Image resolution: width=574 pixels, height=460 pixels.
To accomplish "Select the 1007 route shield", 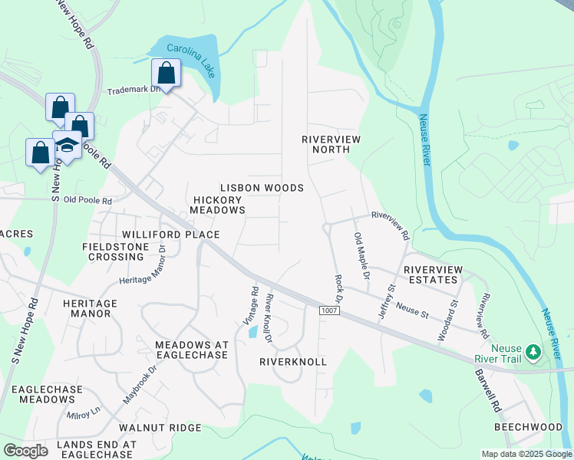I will click(x=328, y=309).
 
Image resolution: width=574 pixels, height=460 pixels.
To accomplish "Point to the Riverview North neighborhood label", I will click(x=331, y=144).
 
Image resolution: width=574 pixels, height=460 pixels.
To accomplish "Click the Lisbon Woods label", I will click(x=262, y=188).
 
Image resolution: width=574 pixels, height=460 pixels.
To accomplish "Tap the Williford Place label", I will click(x=170, y=235).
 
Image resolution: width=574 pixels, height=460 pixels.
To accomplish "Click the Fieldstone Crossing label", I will click(x=114, y=251).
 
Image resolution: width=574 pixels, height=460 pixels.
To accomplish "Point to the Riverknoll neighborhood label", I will click(x=293, y=361).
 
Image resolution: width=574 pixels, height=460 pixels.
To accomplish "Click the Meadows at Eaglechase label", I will click(x=192, y=350).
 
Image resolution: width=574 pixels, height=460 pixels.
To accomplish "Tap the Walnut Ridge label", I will click(x=160, y=427).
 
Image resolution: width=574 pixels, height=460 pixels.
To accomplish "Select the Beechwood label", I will click(x=528, y=426).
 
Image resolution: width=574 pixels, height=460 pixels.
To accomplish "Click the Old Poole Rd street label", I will click(x=87, y=201).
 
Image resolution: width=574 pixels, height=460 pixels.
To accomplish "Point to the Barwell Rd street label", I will click(x=487, y=386).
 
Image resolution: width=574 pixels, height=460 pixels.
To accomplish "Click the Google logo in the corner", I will click(x=25, y=450).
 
